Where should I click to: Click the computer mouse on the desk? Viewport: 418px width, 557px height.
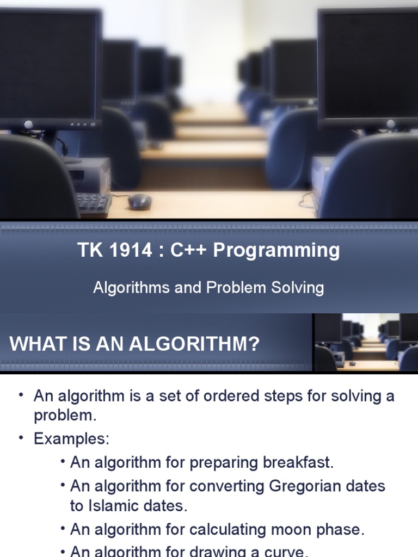coord(140,201)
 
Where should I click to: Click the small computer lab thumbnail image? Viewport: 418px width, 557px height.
coord(365,343)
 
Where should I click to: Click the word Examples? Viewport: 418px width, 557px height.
coord(72,438)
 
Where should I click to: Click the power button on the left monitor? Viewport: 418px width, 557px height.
coord(28,125)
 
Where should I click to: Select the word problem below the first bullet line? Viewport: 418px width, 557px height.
coord(65,416)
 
